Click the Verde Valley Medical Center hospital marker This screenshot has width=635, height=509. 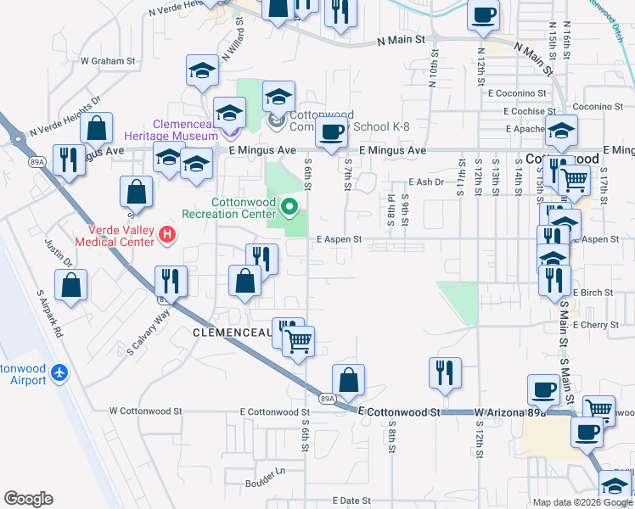[x=167, y=234]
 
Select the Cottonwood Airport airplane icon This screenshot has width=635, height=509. [x=59, y=372]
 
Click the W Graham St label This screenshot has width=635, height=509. [x=108, y=61]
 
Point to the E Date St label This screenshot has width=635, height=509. [x=352, y=501]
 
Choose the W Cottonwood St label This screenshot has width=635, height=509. [x=146, y=411]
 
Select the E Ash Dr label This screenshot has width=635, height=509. [x=426, y=182]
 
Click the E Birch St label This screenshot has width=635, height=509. [x=593, y=293]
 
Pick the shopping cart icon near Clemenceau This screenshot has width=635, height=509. [x=297, y=342]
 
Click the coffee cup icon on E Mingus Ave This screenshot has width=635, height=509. [x=331, y=132]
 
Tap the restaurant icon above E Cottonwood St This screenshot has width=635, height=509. [x=444, y=371]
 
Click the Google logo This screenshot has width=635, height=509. [x=29, y=499]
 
